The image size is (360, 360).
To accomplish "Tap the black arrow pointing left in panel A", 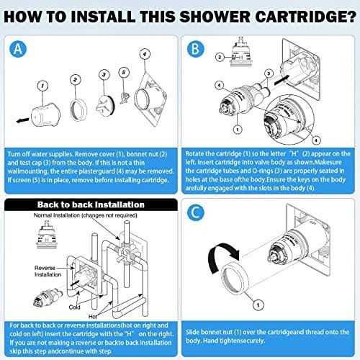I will pyautogui.click(x=23, y=115).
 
